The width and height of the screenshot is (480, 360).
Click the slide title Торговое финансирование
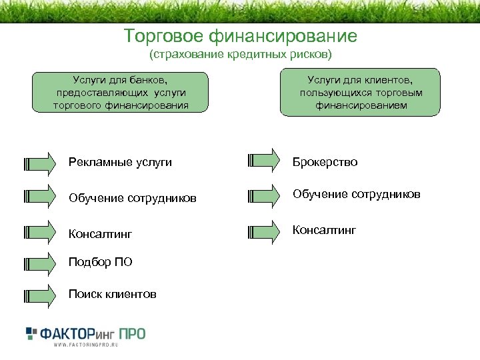coord(241,35)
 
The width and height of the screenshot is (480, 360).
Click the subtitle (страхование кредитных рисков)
coord(240,52)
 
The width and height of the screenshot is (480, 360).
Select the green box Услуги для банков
coord(121,92)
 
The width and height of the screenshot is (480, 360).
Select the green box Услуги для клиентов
coord(360,92)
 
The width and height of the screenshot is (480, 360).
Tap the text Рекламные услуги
coord(120,162)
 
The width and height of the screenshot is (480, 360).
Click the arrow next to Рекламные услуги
coord(39,162)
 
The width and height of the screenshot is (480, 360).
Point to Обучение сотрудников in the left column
coord(133,197)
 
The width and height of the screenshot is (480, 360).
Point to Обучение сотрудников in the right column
coord(357,194)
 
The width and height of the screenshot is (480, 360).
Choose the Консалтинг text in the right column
coord(324,230)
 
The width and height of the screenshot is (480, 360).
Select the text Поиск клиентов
coord(113,294)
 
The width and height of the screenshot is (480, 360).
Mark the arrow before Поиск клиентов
coord(39,294)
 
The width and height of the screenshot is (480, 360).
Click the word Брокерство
coord(325,162)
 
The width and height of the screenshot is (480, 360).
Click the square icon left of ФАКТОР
coord(31,333)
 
